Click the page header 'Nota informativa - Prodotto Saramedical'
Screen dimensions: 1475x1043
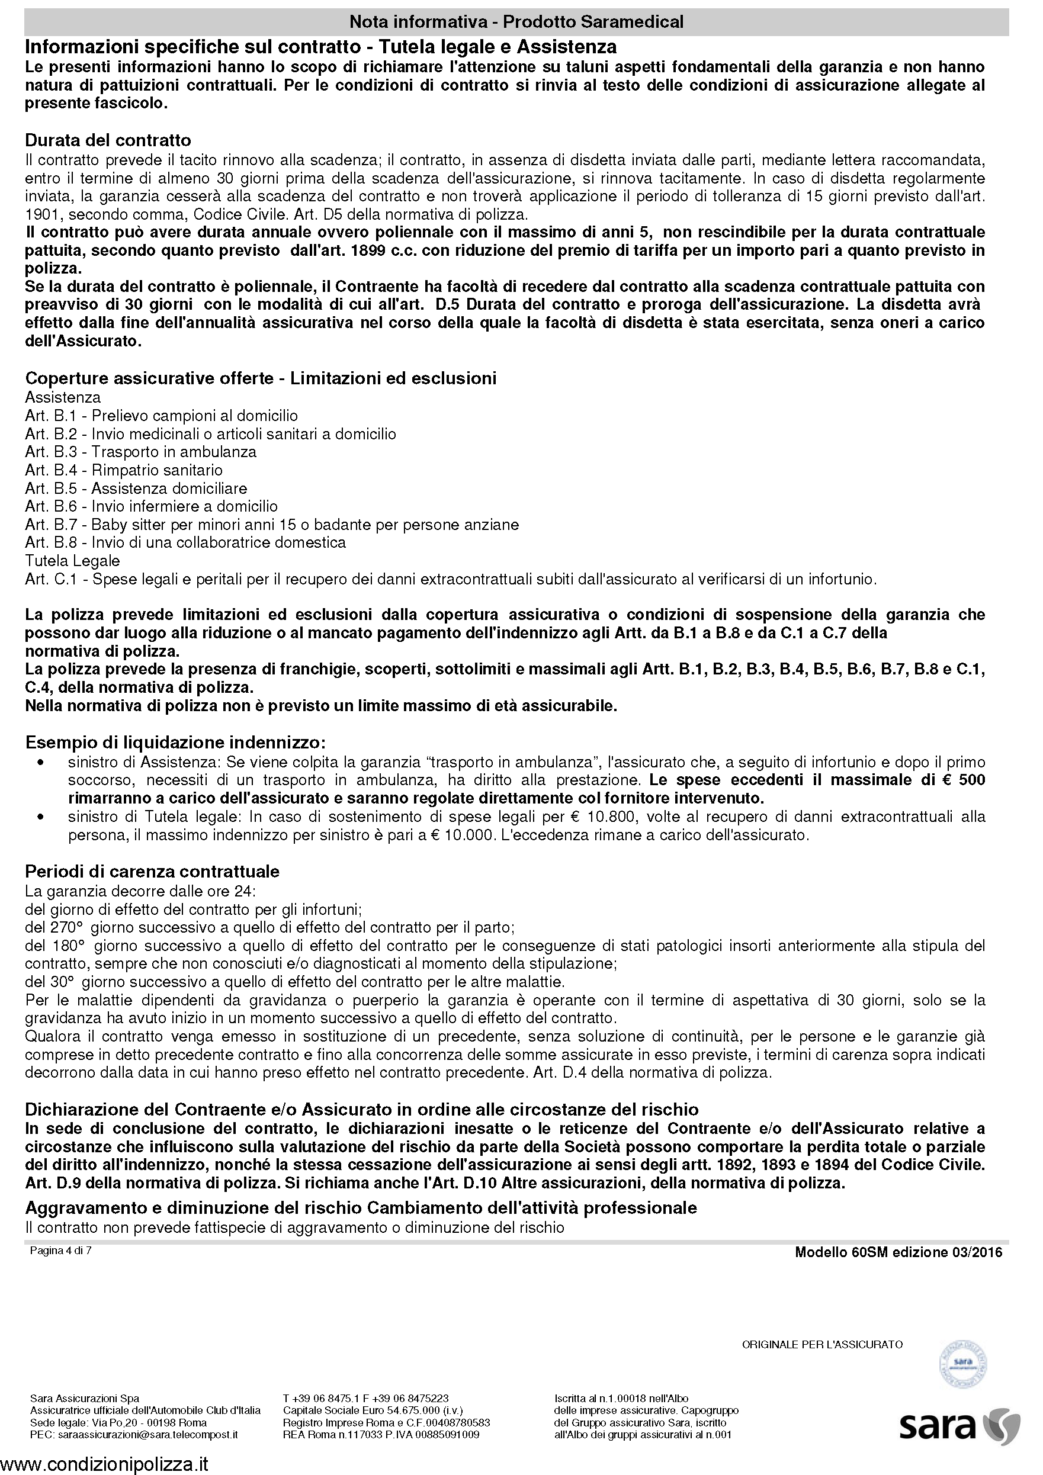tap(516, 22)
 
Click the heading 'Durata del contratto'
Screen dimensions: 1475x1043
tap(108, 140)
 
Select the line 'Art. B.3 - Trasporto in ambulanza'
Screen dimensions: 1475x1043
tap(140, 452)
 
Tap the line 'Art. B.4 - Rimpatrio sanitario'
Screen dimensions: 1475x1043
tap(123, 470)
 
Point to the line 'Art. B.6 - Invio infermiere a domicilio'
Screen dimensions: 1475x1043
tap(151, 506)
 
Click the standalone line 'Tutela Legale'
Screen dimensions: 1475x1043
tap(72, 561)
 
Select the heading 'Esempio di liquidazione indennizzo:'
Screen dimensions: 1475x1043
tap(175, 743)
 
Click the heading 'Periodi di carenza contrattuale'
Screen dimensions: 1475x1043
tap(152, 872)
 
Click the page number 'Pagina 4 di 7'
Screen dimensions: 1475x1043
tap(60, 1251)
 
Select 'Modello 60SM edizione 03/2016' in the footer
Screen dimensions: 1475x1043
tap(898, 1252)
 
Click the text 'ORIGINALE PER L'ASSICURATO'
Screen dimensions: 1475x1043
tap(822, 1345)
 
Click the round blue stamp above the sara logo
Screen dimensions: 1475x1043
tap(962, 1363)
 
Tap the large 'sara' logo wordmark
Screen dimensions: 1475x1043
tap(938, 1427)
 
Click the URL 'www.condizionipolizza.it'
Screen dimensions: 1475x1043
tap(105, 1464)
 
